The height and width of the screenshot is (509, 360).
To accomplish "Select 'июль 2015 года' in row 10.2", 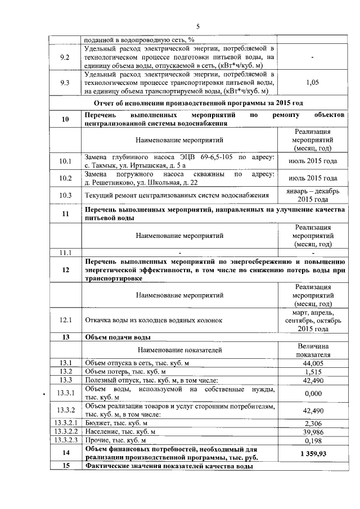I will click(x=312, y=178).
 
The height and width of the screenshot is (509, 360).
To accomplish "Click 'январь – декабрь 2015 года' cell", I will click(x=312, y=195).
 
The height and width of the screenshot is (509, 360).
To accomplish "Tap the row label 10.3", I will click(x=65, y=195).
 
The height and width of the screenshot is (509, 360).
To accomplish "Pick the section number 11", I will click(x=65, y=214).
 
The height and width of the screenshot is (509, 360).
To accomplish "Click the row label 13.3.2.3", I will click(x=65, y=440).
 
